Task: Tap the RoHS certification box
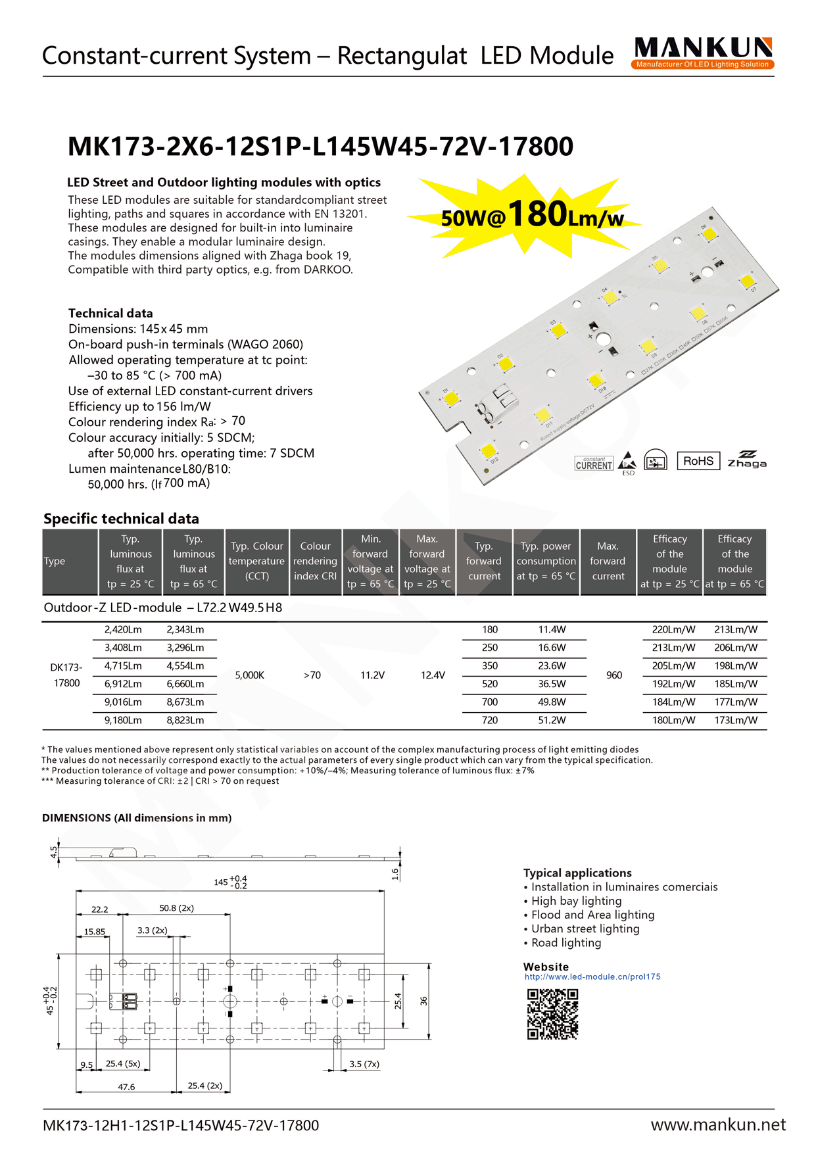pyautogui.click(x=698, y=461)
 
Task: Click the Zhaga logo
pyautogui.click(x=746, y=460)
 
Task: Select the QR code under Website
pyautogui.click(x=552, y=1014)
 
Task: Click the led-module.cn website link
pyautogui.click(x=592, y=976)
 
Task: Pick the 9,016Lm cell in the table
pyautogui.click(x=123, y=702)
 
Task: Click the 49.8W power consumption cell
pyautogui.click(x=552, y=702)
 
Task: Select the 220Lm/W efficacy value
pyautogui.click(x=673, y=630)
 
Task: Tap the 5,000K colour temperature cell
pyautogui.click(x=250, y=675)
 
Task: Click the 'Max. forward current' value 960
pyautogui.click(x=614, y=675)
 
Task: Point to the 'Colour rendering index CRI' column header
pyautogui.click(x=315, y=561)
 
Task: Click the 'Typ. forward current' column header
pyautogui.click(x=484, y=561)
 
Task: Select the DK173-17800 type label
pyautogui.click(x=66, y=675)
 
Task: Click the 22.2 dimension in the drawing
pyautogui.click(x=99, y=909)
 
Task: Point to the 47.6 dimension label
pyautogui.click(x=126, y=1087)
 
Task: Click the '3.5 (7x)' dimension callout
pyautogui.click(x=364, y=1064)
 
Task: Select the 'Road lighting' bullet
pyautogui.click(x=565, y=943)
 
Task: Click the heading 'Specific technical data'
pyautogui.click(x=121, y=518)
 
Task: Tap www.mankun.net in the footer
pyautogui.click(x=717, y=1125)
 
